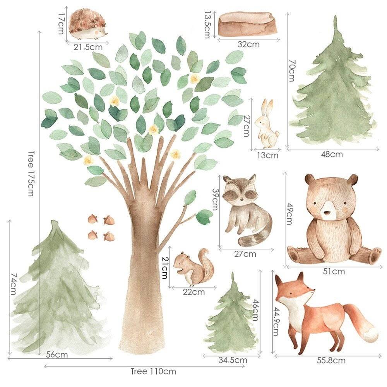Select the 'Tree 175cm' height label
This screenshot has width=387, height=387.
pyautogui.click(x=31, y=173)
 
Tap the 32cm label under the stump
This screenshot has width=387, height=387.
pyautogui.click(x=248, y=45)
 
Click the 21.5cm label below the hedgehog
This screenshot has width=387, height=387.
pyautogui.click(x=88, y=47)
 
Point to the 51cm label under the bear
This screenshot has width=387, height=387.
pyautogui.click(x=334, y=272)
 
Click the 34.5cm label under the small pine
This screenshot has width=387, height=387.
pyautogui.click(x=233, y=360)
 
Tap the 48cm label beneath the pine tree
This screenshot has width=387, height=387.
pyautogui.click(x=332, y=154)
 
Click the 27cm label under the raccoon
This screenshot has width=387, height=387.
pyautogui.click(x=245, y=254)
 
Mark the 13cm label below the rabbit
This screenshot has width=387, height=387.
pyautogui.click(x=267, y=156)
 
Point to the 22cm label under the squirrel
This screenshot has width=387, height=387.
pyautogui.click(x=193, y=292)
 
